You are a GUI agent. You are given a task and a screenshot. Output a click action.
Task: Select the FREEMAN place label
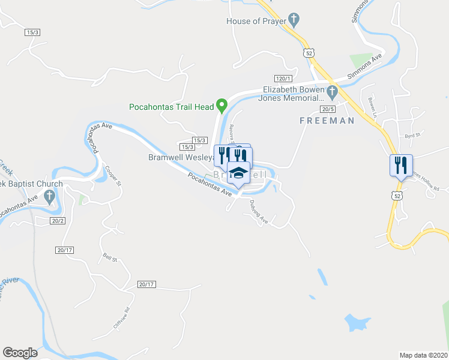pos(327,121)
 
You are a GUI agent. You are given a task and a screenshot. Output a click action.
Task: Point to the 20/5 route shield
pos(328,109)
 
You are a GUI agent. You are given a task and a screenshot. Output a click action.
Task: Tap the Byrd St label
pos(411,136)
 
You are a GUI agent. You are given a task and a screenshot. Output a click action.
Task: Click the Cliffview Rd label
pos(121,317)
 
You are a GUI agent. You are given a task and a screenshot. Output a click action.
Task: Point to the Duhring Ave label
pos(259,212)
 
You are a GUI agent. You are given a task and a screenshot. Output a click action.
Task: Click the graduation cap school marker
pos(238,173)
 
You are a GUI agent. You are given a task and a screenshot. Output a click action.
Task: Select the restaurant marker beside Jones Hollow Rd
pos(400,164)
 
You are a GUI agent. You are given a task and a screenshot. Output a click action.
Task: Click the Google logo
pos(20,353)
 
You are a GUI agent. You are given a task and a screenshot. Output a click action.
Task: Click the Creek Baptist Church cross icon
pos(50,196)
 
